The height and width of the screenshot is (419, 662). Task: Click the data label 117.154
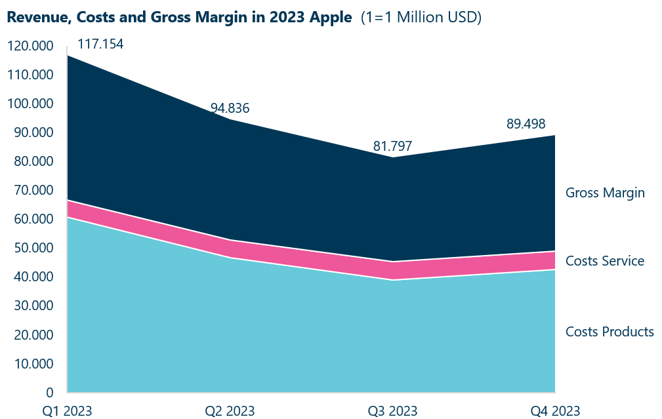(100, 45)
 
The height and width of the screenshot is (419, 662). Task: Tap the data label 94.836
(230, 108)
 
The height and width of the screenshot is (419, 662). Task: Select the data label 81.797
(393, 146)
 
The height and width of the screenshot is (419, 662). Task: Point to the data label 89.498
(526, 124)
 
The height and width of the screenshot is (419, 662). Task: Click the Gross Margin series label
(605, 193)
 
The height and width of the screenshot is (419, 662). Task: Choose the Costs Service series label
(604, 261)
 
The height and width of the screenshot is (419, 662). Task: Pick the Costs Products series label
(610, 331)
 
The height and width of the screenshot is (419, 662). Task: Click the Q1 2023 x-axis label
(67, 411)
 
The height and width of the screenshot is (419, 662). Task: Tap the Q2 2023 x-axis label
(230, 411)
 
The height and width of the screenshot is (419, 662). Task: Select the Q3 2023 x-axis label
(392, 411)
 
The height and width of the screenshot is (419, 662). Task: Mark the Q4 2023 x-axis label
(555, 411)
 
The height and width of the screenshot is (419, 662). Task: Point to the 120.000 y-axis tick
(30, 46)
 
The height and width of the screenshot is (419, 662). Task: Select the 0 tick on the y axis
(49, 392)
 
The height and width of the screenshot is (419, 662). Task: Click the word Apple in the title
(333, 18)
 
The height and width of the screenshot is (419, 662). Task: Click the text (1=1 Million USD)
(421, 18)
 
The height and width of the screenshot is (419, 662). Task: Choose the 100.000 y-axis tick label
(30, 104)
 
